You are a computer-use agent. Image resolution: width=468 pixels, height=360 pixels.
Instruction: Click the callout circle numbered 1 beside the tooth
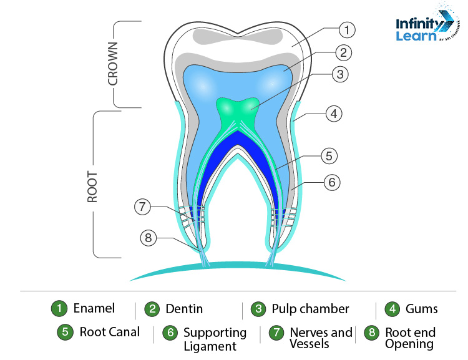pyautogui.click(x=348, y=29)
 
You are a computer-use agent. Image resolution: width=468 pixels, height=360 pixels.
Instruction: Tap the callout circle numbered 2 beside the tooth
pyautogui.click(x=343, y=52)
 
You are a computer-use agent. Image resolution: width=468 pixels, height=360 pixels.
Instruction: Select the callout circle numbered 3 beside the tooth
pyautogui.click(x=339, y=74)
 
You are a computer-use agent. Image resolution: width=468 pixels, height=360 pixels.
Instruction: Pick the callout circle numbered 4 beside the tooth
pyautogui.click(x=334, y=114)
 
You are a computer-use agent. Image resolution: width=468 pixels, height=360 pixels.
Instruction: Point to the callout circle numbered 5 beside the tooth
pyautogui.click(x=329, y=154)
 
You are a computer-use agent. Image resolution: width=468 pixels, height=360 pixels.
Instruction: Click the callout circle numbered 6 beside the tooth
pyautogui.click(x=331, y=183)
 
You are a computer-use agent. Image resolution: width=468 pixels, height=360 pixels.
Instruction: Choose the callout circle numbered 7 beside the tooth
pyautogui.click(x=143, y=207)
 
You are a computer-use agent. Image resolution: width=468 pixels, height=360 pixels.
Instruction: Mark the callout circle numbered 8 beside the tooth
pyautogui.click(x=148, y=238)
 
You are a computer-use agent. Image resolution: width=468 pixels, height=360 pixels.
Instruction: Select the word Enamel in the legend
pyautogui.click(x=94, y=308)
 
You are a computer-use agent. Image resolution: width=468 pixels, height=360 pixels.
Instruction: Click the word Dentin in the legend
pyautogui.click(x=184, y=308)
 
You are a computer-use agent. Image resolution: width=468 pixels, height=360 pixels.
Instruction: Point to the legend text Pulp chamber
pyautogui.click(x=310, y=308)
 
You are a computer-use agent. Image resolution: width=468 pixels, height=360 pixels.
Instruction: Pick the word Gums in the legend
pyautogui.click(x=422, y=308)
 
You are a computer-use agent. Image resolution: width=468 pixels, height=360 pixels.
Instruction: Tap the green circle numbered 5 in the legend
pyautogui.click(x=65, y=332)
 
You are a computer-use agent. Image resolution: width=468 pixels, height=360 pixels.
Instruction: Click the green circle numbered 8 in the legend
pyautogui.click(x=372, y=333)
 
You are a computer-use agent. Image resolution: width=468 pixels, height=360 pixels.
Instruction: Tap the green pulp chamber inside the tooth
pyautogui.click(x=235, y=113)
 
